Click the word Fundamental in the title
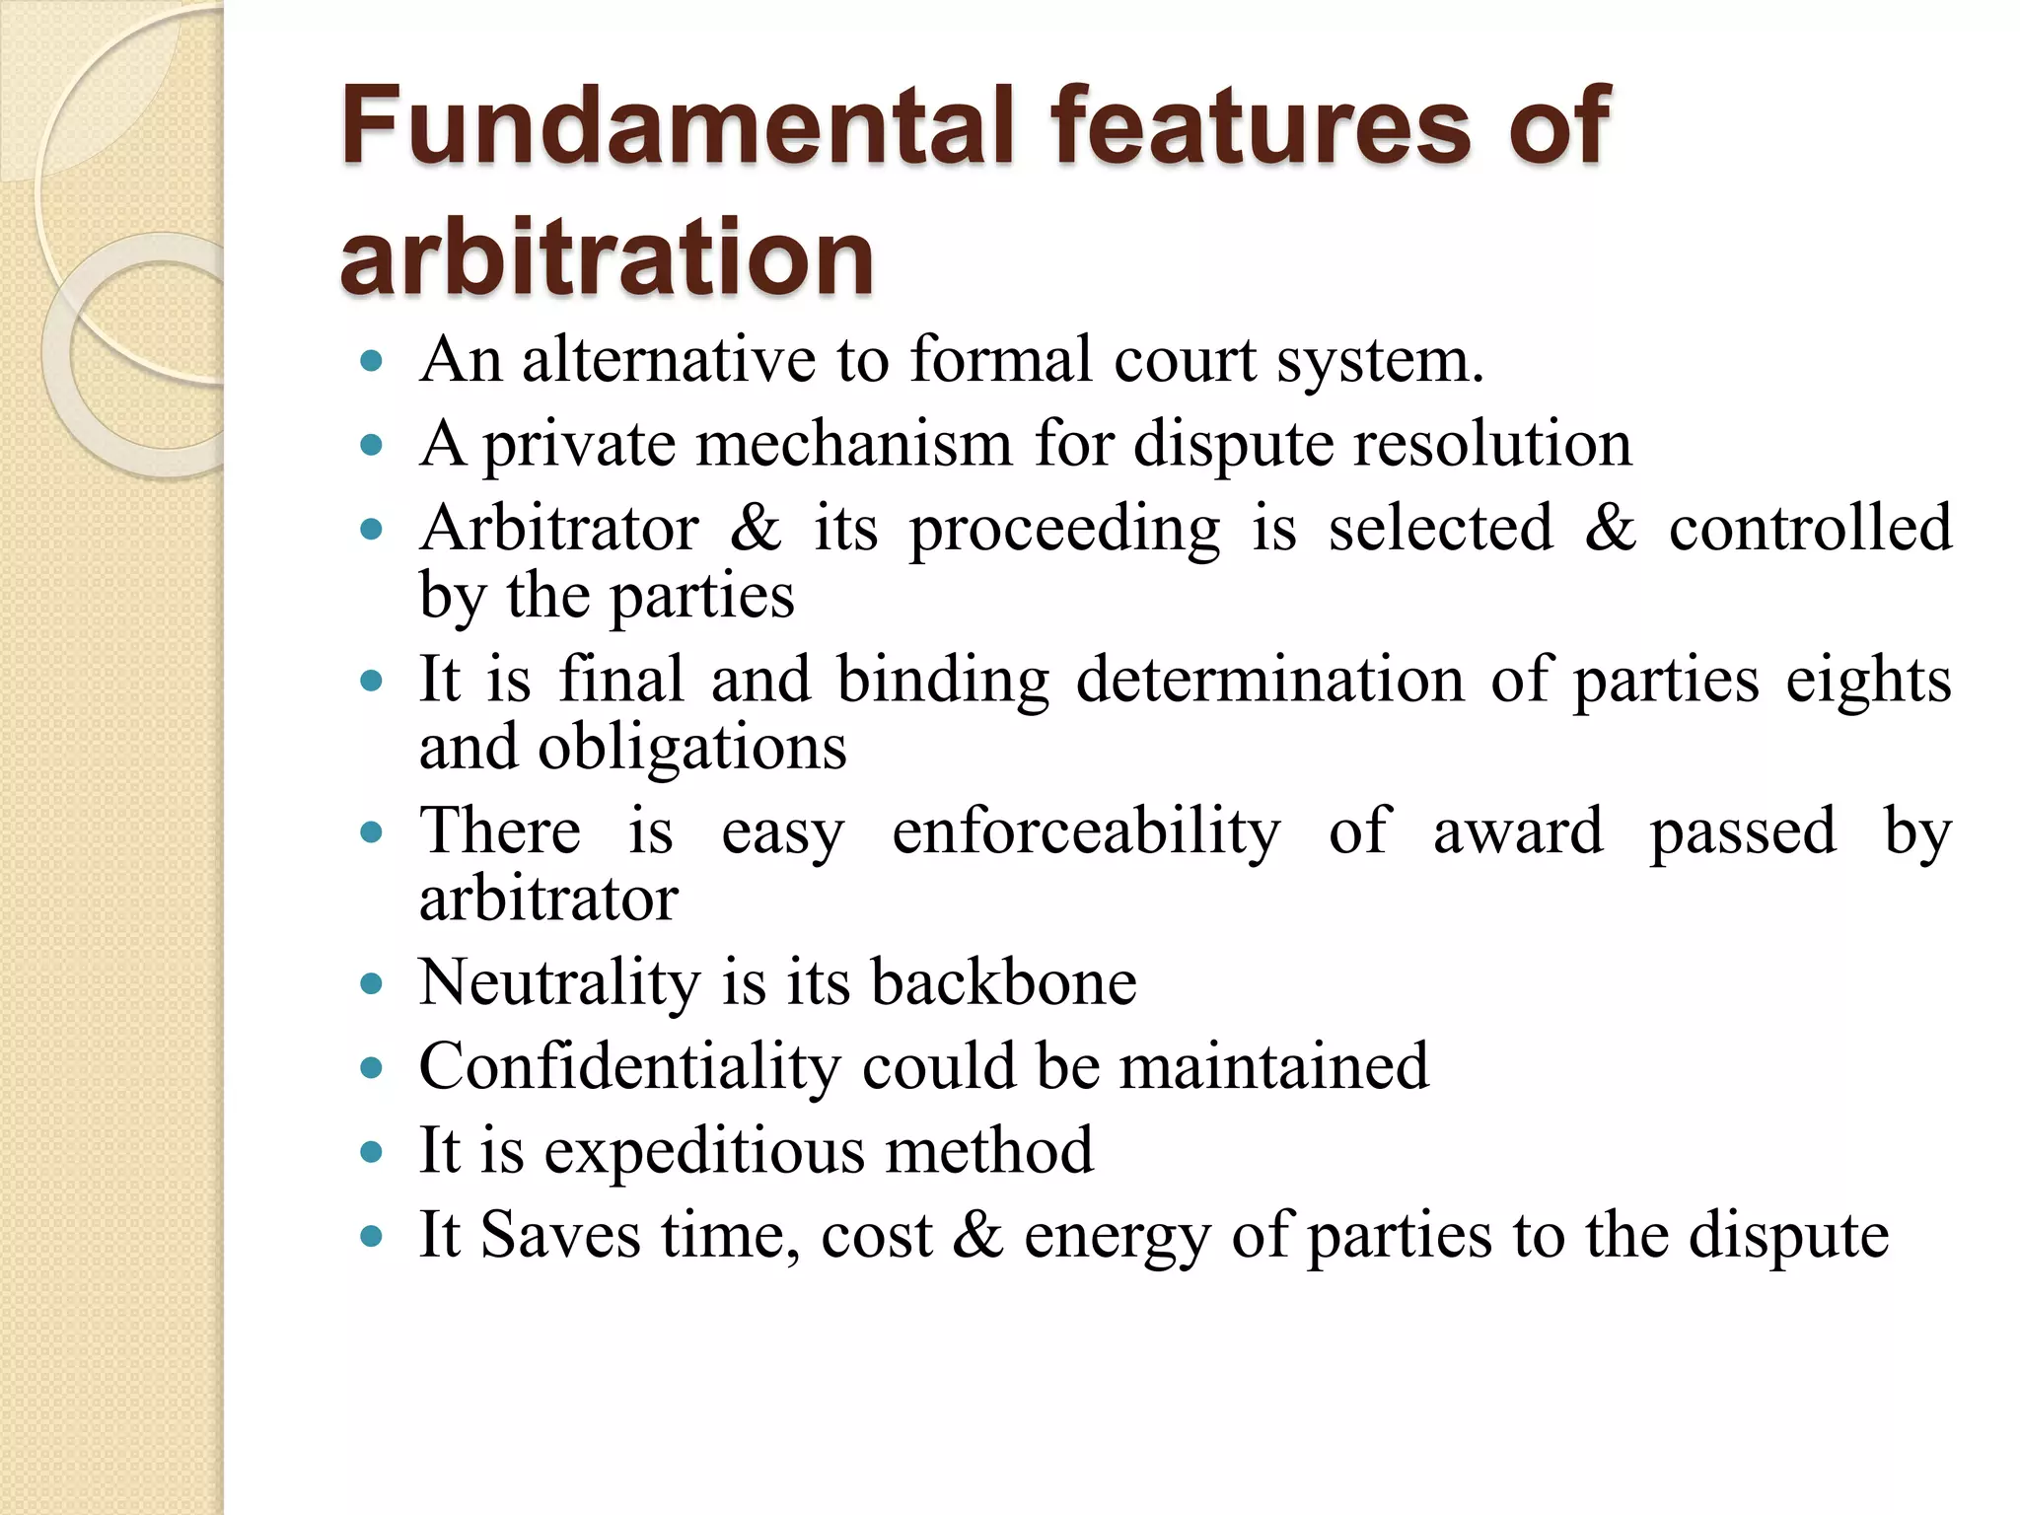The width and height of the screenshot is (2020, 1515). (x=677, y=126)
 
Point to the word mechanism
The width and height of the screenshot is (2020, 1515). (x=854, y=444)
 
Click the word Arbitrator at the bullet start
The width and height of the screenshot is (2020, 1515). (x=559, y=529)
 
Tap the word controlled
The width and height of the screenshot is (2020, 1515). (x=1810, y=529)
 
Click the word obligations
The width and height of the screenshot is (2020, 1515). (x=691, y=748)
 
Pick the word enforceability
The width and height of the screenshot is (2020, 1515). (x=1086, y=831)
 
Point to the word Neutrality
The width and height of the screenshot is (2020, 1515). (x=559, y=983)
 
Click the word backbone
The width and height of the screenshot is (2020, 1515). (x=1003, y=983)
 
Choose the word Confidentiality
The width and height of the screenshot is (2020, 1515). (x=628, y=1067)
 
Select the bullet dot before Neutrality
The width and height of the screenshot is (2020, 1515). (x=372, y=984)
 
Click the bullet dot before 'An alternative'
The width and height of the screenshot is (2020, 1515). (x=372, y=361)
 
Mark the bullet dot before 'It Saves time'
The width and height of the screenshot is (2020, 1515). (x=372, y=1236)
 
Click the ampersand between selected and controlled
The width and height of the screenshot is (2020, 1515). (x=1610, y=529)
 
